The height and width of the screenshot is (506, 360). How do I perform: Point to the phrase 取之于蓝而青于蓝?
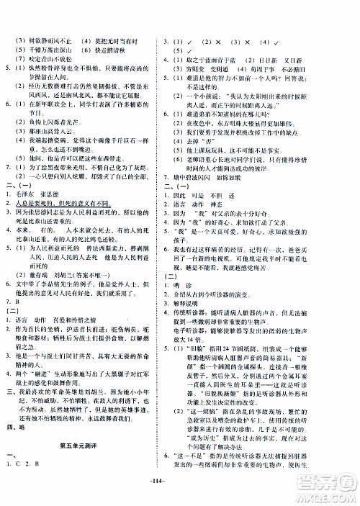224,19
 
